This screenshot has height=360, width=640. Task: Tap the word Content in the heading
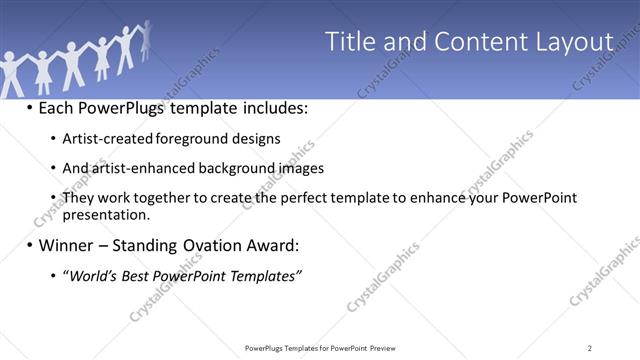(469, 42)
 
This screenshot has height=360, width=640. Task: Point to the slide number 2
(590, 347)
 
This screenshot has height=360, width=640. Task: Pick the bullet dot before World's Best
(52, 275)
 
